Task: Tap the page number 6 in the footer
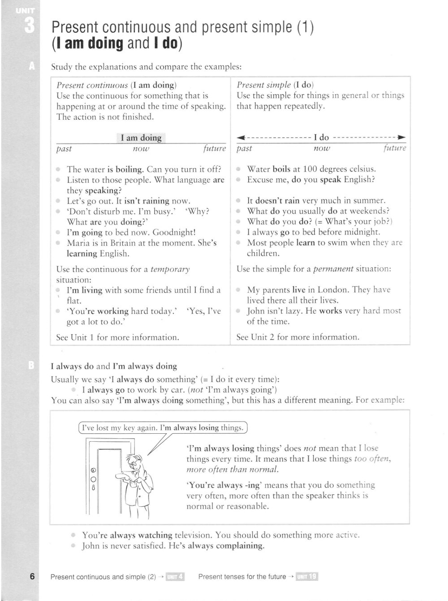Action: (x=32, y=576)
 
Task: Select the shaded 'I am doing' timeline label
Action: (x=141, y=138)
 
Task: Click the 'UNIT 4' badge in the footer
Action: (x=175, y=577)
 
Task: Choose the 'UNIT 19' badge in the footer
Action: (x=307, y=577)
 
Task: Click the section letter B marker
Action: (x=31, y=366)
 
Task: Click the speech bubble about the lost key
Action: (x=163, y=427)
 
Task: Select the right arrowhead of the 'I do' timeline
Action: (x=402, y=137)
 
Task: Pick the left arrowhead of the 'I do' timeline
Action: (x=241, y=137)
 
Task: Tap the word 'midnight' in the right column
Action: (x=363, y=232)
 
